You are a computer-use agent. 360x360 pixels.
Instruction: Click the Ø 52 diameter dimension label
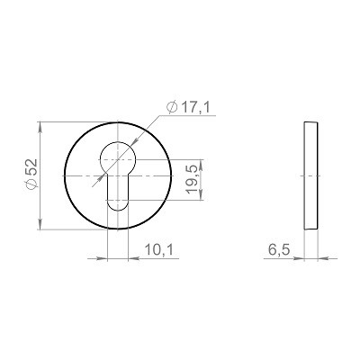[x=31, y=174]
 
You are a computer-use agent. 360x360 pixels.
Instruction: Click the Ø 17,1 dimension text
[x=189, y=107]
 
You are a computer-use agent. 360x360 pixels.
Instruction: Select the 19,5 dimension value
[x=193, y=179]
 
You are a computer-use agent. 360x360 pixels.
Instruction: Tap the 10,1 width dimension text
[x=159, y=249]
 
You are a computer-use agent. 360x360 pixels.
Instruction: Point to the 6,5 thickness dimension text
[x=279, y=249]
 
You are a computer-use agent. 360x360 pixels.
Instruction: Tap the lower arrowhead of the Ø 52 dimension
[x=40, y=224]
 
